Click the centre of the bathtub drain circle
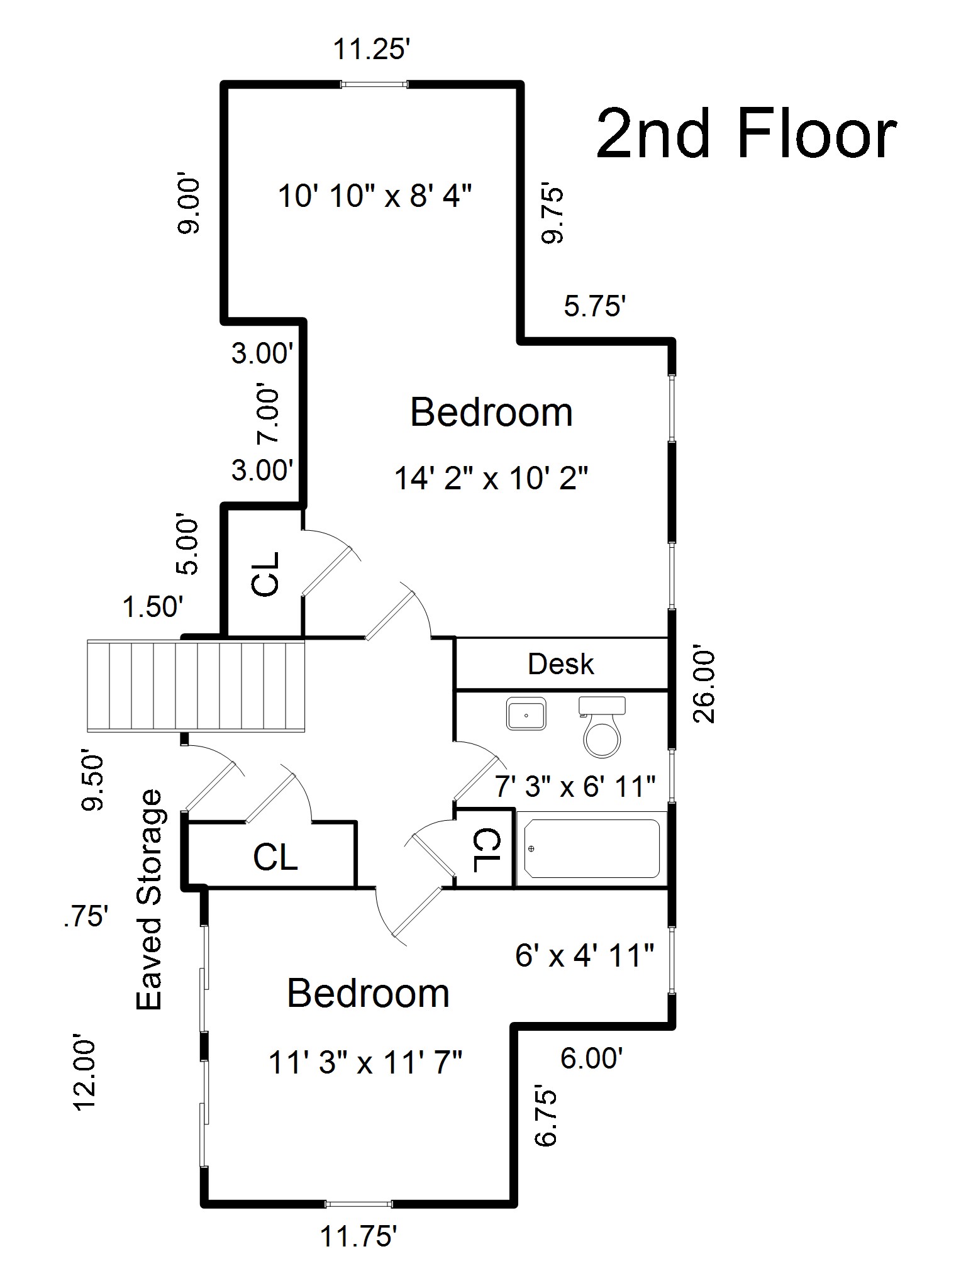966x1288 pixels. [531, 848]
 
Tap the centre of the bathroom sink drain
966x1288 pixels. [526, 715]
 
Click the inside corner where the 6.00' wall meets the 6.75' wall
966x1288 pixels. [514, 1026]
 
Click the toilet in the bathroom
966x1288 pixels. [602, 726]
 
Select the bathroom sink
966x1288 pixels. [526, 714]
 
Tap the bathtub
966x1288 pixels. [591, 848]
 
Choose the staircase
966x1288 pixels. [196, 686]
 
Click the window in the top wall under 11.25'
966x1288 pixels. [374, 84]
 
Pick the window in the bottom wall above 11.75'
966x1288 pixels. [358, 1204]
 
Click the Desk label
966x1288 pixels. [560, 664]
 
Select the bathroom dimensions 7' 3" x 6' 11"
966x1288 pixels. [575, 786]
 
